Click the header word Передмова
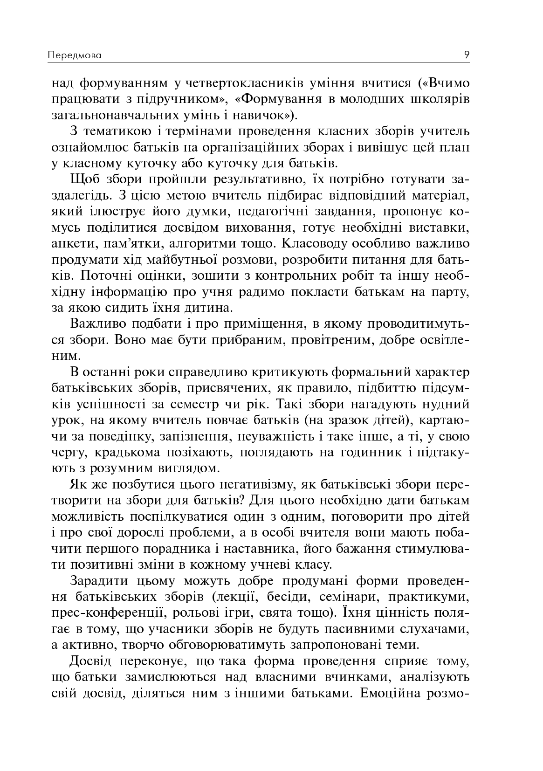click(75, 55)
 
